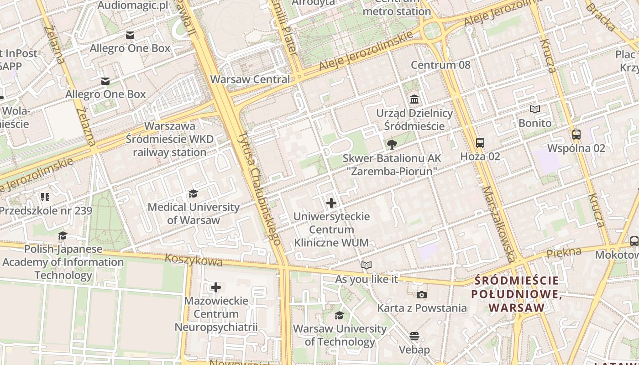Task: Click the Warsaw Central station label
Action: tap(250, 79)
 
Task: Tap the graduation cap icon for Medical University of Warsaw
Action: tap(193, 194)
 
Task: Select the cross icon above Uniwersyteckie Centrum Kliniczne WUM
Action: tap(331, 203)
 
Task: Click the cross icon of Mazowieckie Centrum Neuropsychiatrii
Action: tap(216, 287)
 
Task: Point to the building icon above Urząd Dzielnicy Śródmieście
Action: tap(414, 99)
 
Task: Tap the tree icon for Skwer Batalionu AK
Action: tap(391, 145)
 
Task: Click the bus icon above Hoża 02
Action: tap(480, 143)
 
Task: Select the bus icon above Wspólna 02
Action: tap(576, 135)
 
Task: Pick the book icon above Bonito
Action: tap(534, 109)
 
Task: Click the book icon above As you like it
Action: tap(367, 265)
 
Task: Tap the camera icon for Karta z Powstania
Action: tap(422, 295)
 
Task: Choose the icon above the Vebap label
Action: tap(414, 337)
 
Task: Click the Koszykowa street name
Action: tap(194, 260)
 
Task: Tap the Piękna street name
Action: tap(564, 253)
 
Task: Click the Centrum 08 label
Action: tap(440, 65)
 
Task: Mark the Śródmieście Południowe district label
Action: tap(517, 294)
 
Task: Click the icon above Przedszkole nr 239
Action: tap(45, 197)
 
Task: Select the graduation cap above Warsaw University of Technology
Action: tap(339, 315)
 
